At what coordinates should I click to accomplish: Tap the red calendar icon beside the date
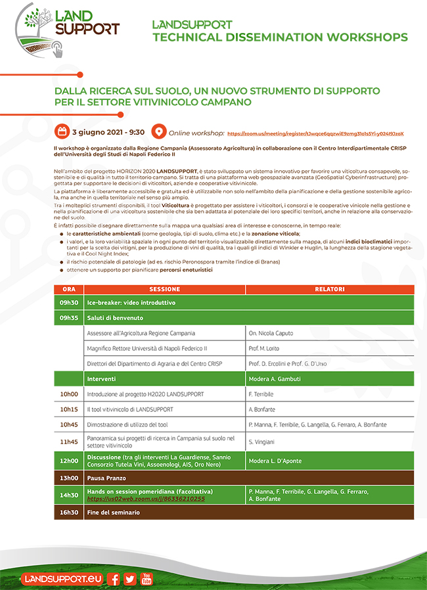[x=62, y=131]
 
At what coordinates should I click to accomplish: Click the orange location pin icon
[x=158, y=131]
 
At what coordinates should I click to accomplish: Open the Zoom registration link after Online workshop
[x=315, y=133]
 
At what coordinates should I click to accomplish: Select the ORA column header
[x=69, y=289]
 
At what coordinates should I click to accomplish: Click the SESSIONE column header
[x=164, y=289]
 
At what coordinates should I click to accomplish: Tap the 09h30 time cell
[x=69, y=303]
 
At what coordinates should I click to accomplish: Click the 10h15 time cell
[x=69, y=409]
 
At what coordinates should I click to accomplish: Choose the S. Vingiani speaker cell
[x=261, y=442]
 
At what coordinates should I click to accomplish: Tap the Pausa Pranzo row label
[x=106, y=478]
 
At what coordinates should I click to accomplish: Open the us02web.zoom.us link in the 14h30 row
[x=146, y=499]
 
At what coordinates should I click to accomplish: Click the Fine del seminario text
[x=114, y=512]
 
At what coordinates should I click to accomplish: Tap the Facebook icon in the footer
[x=114, y=579]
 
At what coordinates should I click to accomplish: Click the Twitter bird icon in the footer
[x=129, y=579]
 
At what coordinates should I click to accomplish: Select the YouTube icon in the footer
[x=146, y=579]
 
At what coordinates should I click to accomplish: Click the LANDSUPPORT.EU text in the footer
[x=62, y=579]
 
